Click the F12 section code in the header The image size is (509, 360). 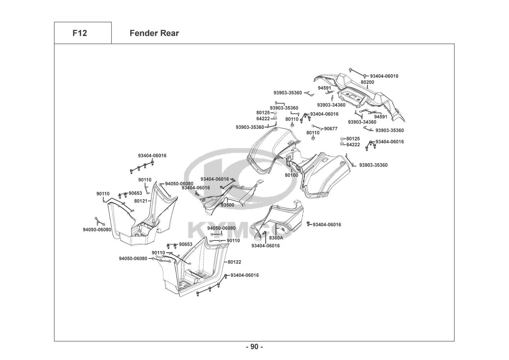coord(79,33)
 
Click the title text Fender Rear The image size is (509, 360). coord(154,33)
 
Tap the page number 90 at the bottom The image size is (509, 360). coord(254,347)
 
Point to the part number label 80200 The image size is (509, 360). coord(367,82)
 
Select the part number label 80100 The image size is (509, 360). coord(291,175)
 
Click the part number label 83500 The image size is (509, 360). coord(227,205)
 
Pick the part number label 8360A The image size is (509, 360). coord(276,238)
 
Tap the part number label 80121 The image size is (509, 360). coord(141,201)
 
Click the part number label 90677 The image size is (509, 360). coord(331,129)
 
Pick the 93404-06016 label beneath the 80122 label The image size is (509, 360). coord(244,275)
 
